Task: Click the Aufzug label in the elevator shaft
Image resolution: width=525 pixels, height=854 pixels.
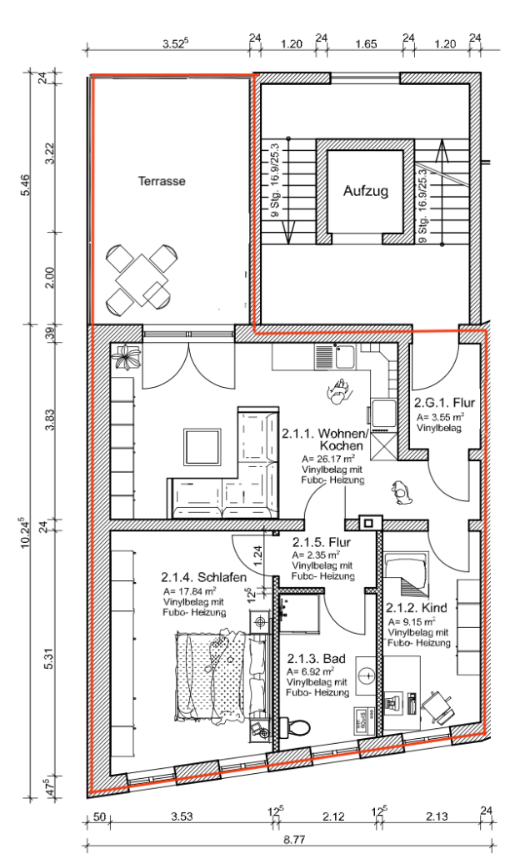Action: pyautogui.click(x=366, y=191)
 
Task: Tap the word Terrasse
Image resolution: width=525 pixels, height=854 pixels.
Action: pyautogui.click(x=162, y=181)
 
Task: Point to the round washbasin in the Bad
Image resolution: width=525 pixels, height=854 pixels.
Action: pyautogui.click(x=367, y=675)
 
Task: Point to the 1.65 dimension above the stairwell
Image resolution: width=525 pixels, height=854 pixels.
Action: pyautogui.click(x=366, y=43)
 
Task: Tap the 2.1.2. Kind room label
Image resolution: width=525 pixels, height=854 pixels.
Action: pyautogui.click(x=416, y=607)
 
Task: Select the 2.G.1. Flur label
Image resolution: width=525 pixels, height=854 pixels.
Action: pyautogui.click(x=444, y=403)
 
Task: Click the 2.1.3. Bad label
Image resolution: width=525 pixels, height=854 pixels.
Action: pyautogui.click(x=317, y=658)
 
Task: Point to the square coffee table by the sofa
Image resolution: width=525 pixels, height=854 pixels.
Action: pyautogui.click(x=202, y=448)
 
